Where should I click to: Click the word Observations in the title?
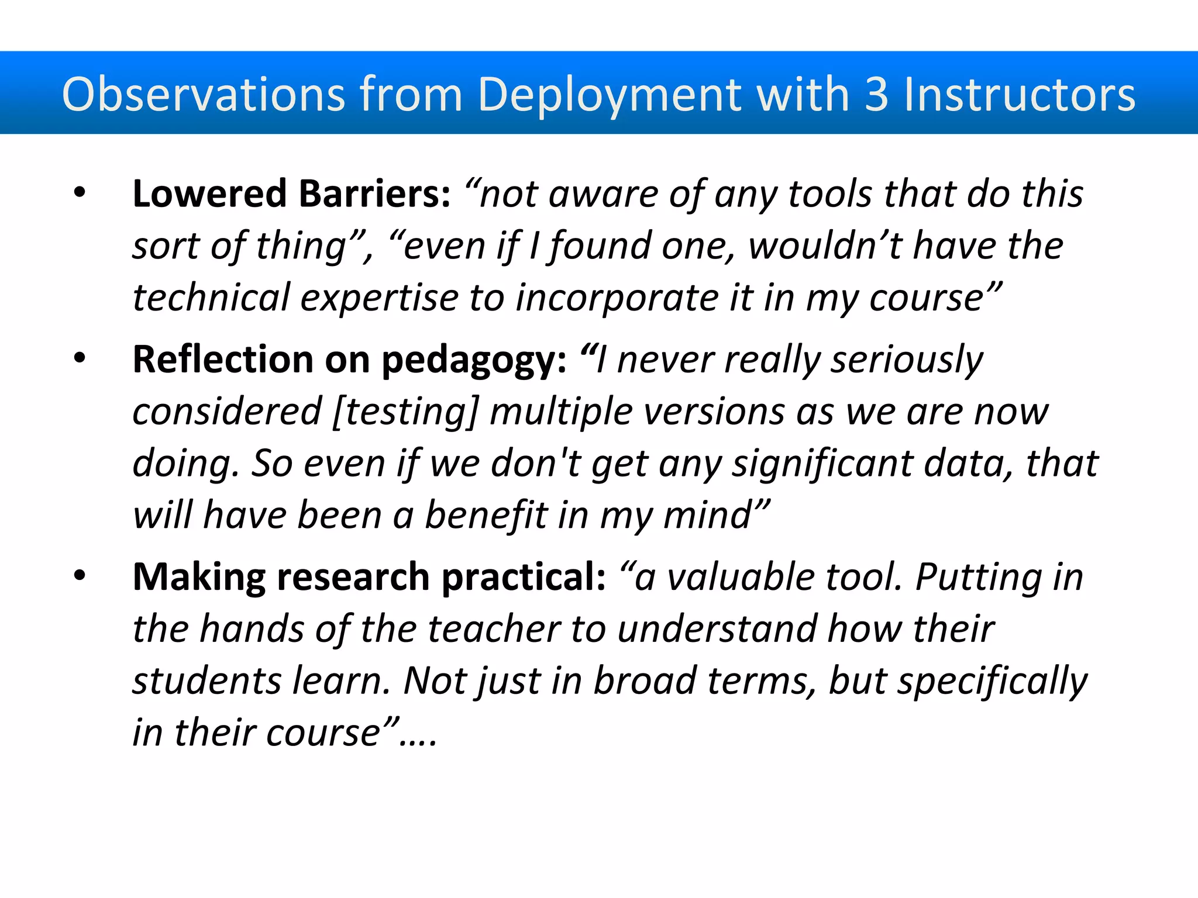point(204,94)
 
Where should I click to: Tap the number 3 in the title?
point(876,94)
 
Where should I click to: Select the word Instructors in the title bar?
point(1020,94)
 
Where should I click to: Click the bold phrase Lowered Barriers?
point(291,194)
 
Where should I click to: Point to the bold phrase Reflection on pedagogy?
point(349,359)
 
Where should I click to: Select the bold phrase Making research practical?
point(369,577)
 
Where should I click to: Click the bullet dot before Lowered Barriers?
point(80,192)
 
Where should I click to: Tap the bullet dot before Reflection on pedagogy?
point(80,358)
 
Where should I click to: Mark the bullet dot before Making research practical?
point(80,576)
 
